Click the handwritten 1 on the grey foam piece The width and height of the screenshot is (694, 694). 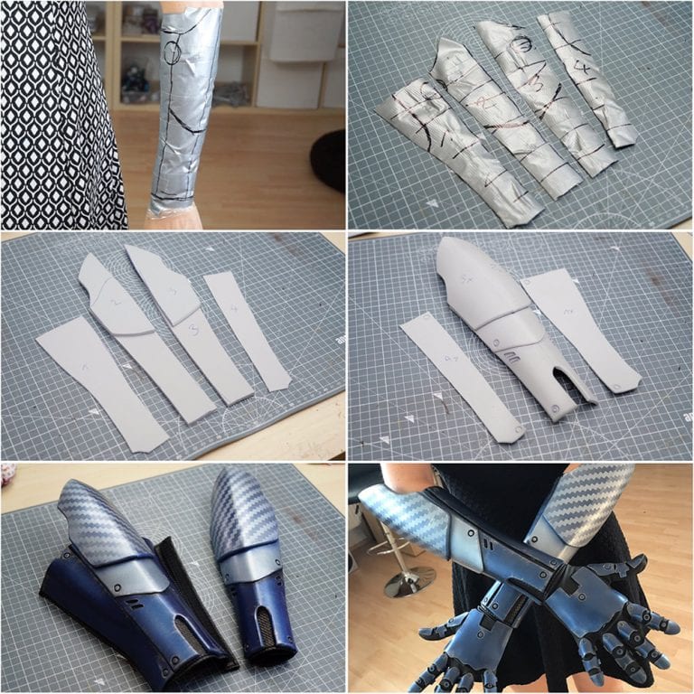(x=85, y=367)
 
